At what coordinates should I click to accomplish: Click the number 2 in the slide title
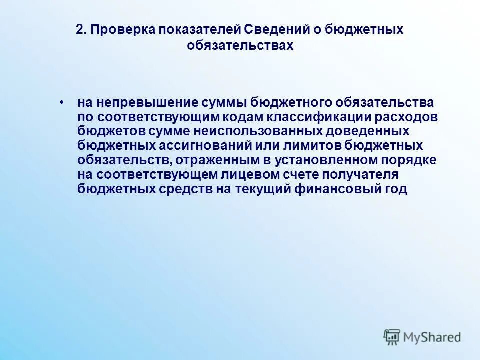[x=79, y=30]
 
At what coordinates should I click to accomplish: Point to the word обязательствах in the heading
[x=239, y=45]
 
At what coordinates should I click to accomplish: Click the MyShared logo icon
[x=392, y=337]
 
